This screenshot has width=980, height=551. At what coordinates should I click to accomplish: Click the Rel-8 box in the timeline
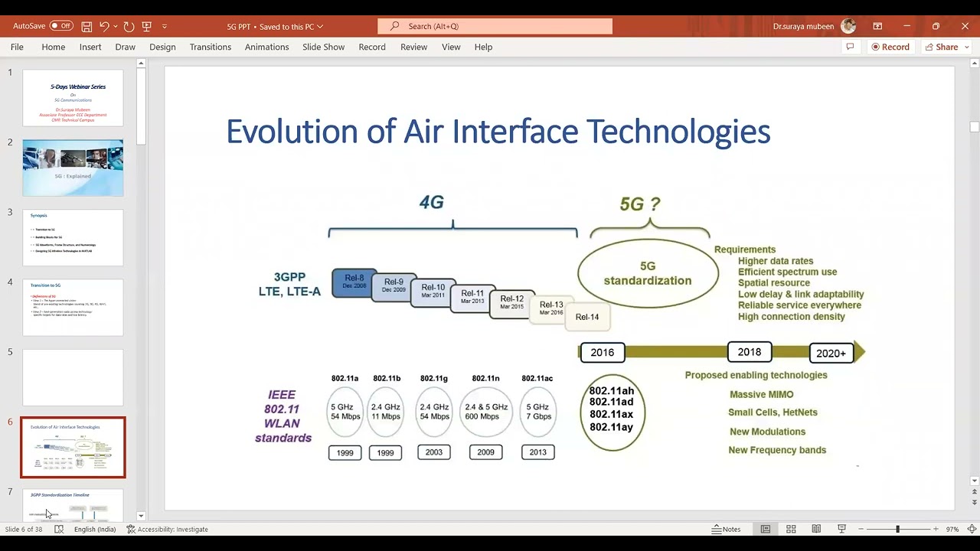click(354, 282)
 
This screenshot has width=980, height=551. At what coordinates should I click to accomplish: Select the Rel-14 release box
click(587, 317)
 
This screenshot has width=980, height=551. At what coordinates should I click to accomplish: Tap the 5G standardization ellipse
click(648, 273)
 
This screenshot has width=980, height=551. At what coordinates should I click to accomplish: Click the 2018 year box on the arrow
click(749, 352)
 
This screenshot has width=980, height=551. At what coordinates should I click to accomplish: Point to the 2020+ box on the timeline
click(831, 353)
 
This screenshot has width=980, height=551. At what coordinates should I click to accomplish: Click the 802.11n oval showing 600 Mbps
click(485, 412)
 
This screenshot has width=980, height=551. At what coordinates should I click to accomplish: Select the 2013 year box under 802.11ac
click(537, 452)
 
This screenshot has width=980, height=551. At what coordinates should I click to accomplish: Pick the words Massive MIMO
click(761, 394)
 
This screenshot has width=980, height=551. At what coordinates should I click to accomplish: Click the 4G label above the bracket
click(431, 202)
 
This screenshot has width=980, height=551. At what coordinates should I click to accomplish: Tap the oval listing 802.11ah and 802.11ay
click(611, 412)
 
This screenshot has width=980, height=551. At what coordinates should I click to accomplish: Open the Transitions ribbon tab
click(210, 47)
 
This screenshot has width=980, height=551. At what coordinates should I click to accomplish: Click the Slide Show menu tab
click(323, 47)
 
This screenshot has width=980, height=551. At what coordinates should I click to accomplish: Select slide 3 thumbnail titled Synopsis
click(73, 237)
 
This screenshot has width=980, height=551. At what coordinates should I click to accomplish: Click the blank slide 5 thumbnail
click(73, 377)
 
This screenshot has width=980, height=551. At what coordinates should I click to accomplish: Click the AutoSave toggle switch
click(61, 26)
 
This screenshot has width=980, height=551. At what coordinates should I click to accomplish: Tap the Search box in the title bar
click(495, 26)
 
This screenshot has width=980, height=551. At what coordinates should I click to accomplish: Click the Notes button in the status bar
click(726, 529)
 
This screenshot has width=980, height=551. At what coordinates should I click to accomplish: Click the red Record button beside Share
click(890, 47)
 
